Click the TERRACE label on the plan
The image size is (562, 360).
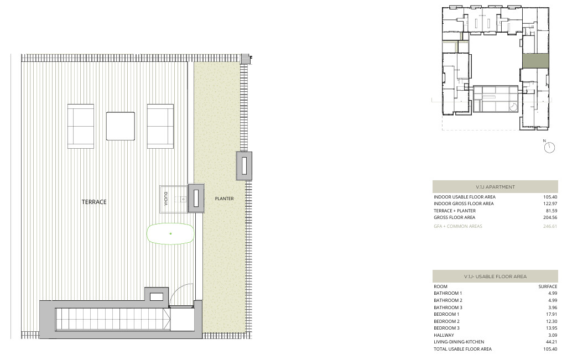click(x=94, y=202)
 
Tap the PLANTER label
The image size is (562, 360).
click(x=225, y=199)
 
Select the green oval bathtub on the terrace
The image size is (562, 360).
click(x=170, y=234)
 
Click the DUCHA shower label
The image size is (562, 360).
click(x=165, y=199)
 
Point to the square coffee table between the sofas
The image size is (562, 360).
click(x=121, y=126)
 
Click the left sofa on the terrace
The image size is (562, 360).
click(x=81, y=126)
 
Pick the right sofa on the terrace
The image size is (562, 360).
click(x=160, y=126)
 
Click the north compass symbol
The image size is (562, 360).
click(x=549, y=147)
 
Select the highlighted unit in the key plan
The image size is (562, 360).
click(x=535, y=61)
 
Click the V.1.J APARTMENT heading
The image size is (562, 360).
click(x=495, y=187)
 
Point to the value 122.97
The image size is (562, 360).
click(x=550, y=204)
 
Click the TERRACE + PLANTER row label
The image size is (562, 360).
click(x=455, y=211)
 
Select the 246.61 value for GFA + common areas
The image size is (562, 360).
click(x=550, y=226)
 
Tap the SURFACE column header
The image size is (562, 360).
click(x=548, y=286)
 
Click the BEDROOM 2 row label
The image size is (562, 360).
click(x=446, y=321)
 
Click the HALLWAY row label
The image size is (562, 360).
click(x=444, y=335)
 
